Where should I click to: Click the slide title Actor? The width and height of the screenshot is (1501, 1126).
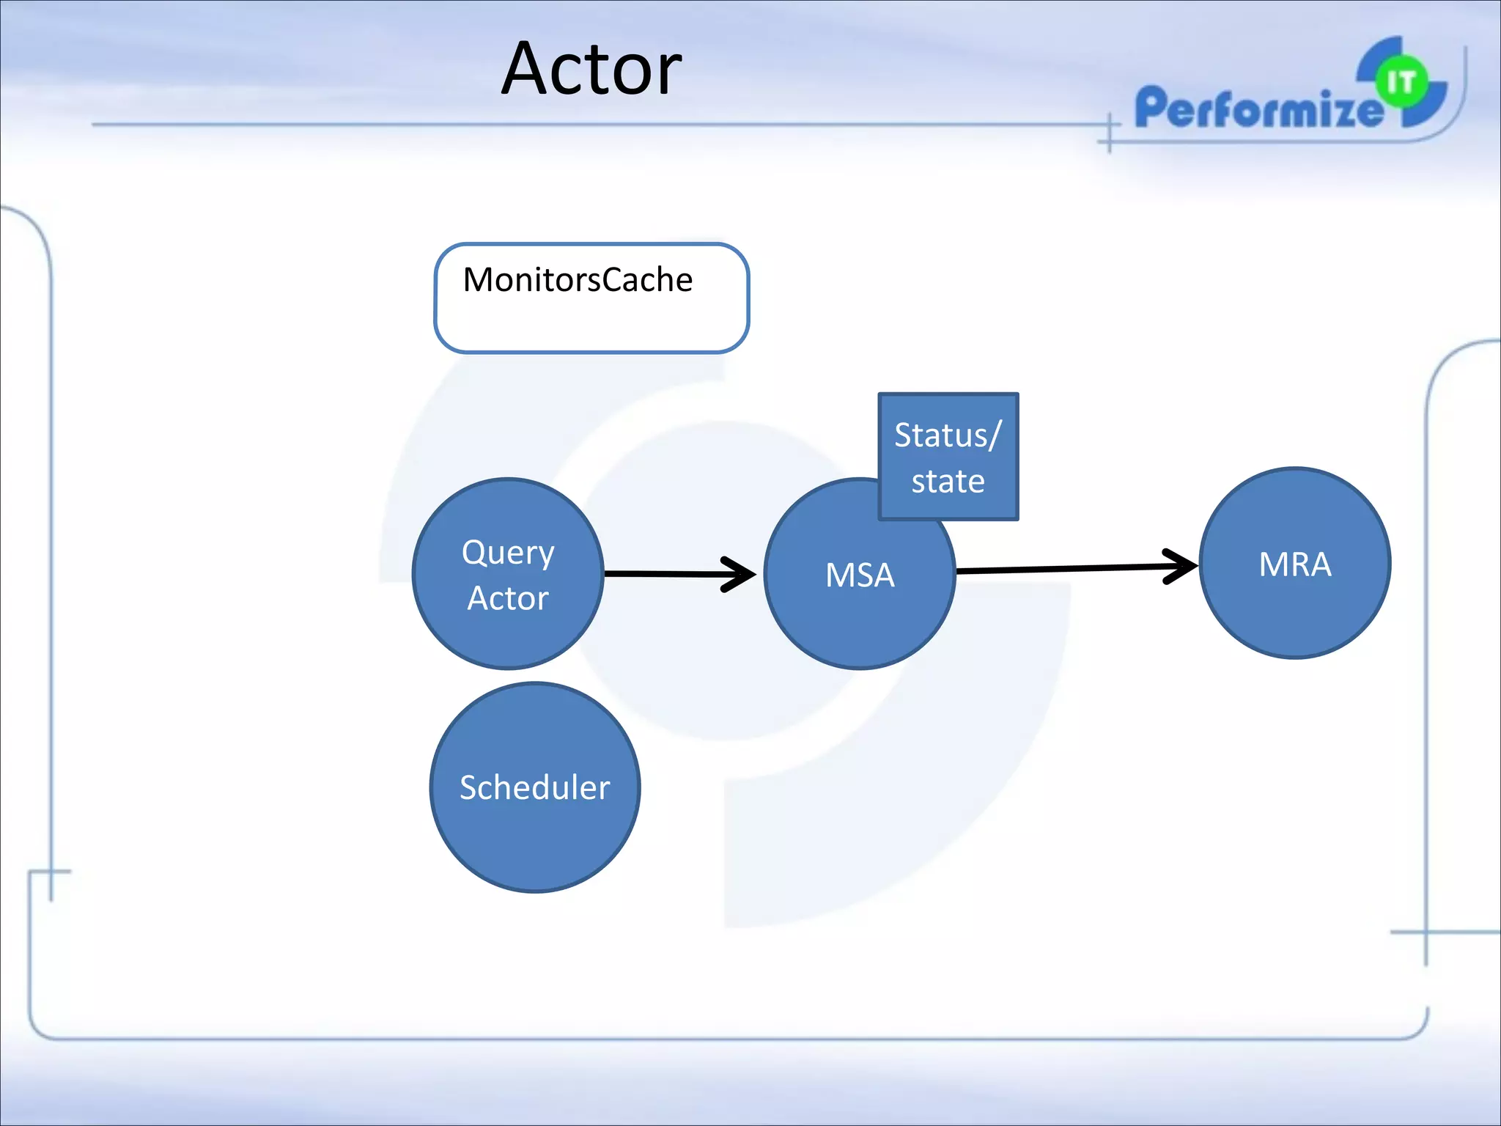(x=591, y=69)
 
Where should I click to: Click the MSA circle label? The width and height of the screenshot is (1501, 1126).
(x=860, y=575)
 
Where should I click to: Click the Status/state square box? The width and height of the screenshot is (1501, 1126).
(x=948, y=457)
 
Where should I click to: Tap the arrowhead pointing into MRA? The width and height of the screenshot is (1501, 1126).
(x=1181, y=566)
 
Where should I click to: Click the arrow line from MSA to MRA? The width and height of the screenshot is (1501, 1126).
(x=1063, y=569)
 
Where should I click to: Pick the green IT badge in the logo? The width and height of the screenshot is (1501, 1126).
(x=1401, y=81)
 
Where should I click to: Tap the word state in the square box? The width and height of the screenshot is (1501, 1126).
(x=948, y=482)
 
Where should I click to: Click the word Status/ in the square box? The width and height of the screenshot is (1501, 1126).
(x=946, y=435)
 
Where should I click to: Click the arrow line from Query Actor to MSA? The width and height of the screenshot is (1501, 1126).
(x=663, y=574)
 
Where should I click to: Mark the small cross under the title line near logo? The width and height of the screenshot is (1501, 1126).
(x=1109, y=135)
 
